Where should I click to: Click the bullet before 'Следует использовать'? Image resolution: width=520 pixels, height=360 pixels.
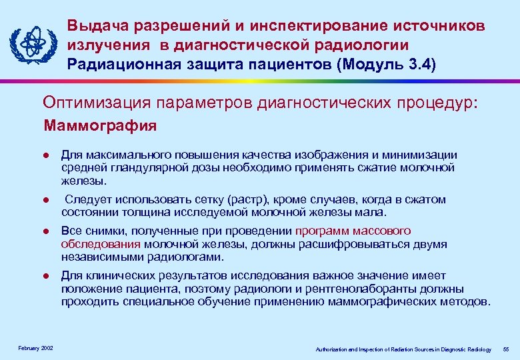coord(46,200)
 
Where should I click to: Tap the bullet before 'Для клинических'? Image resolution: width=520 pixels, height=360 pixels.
coord(46,276)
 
